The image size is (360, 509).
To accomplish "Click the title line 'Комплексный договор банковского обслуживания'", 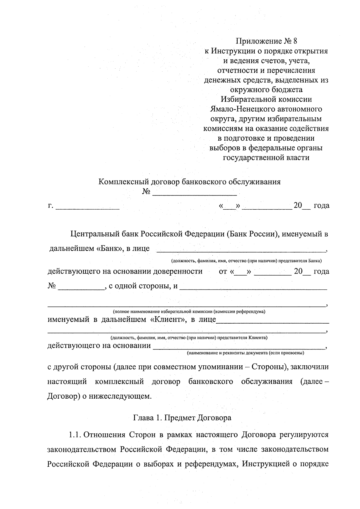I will click(x=190, y=182).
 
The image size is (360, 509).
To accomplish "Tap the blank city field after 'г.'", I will click(x=88, y=206).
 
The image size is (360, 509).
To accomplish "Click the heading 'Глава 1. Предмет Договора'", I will click(x=182, y=418).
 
